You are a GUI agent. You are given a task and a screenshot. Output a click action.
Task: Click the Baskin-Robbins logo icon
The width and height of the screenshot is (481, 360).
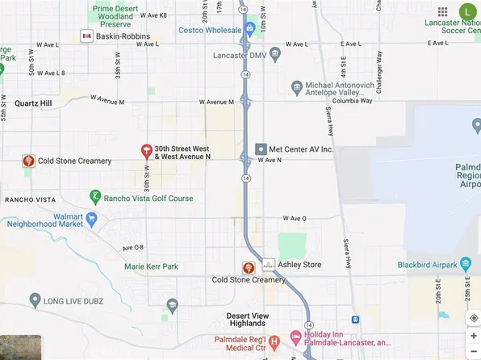(x=86, y=36)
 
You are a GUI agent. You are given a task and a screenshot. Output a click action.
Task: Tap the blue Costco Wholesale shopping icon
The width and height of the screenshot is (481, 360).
(x=250, y=30)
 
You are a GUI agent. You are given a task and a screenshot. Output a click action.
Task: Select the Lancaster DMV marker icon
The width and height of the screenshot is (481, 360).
(x=275, y=55)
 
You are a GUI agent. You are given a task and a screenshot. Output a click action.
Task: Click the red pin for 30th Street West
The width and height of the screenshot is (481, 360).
(x=146, y=150)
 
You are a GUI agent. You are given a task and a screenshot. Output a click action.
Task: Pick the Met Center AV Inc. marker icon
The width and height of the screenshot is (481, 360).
(x=261, y=149)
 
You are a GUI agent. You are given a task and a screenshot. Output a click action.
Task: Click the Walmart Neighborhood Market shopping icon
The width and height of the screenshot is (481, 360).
(x=92, y=218)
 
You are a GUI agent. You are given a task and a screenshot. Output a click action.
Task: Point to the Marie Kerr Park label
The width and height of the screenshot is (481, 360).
(x=151, y=266)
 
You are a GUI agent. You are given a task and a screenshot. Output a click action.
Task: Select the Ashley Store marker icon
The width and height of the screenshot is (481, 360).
(x=268, y=265)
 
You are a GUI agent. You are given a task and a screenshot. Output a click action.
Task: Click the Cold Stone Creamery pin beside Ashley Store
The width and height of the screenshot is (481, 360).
(x=249, y=266)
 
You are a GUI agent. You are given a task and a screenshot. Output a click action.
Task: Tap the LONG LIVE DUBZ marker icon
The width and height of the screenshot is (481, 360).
(x=34, y=301)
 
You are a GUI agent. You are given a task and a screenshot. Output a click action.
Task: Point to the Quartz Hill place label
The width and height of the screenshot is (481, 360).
(x=34, y=103)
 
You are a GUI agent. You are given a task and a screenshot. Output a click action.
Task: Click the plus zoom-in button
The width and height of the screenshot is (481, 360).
(x=473, y=336)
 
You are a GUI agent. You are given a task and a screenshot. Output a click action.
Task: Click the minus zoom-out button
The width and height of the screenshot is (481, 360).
(x=473, y=352)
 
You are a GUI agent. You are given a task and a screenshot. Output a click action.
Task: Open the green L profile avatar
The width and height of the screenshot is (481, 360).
(x=467, y=11)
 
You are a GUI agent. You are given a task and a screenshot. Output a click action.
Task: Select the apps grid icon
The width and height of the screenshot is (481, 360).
(x=442, y=12)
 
